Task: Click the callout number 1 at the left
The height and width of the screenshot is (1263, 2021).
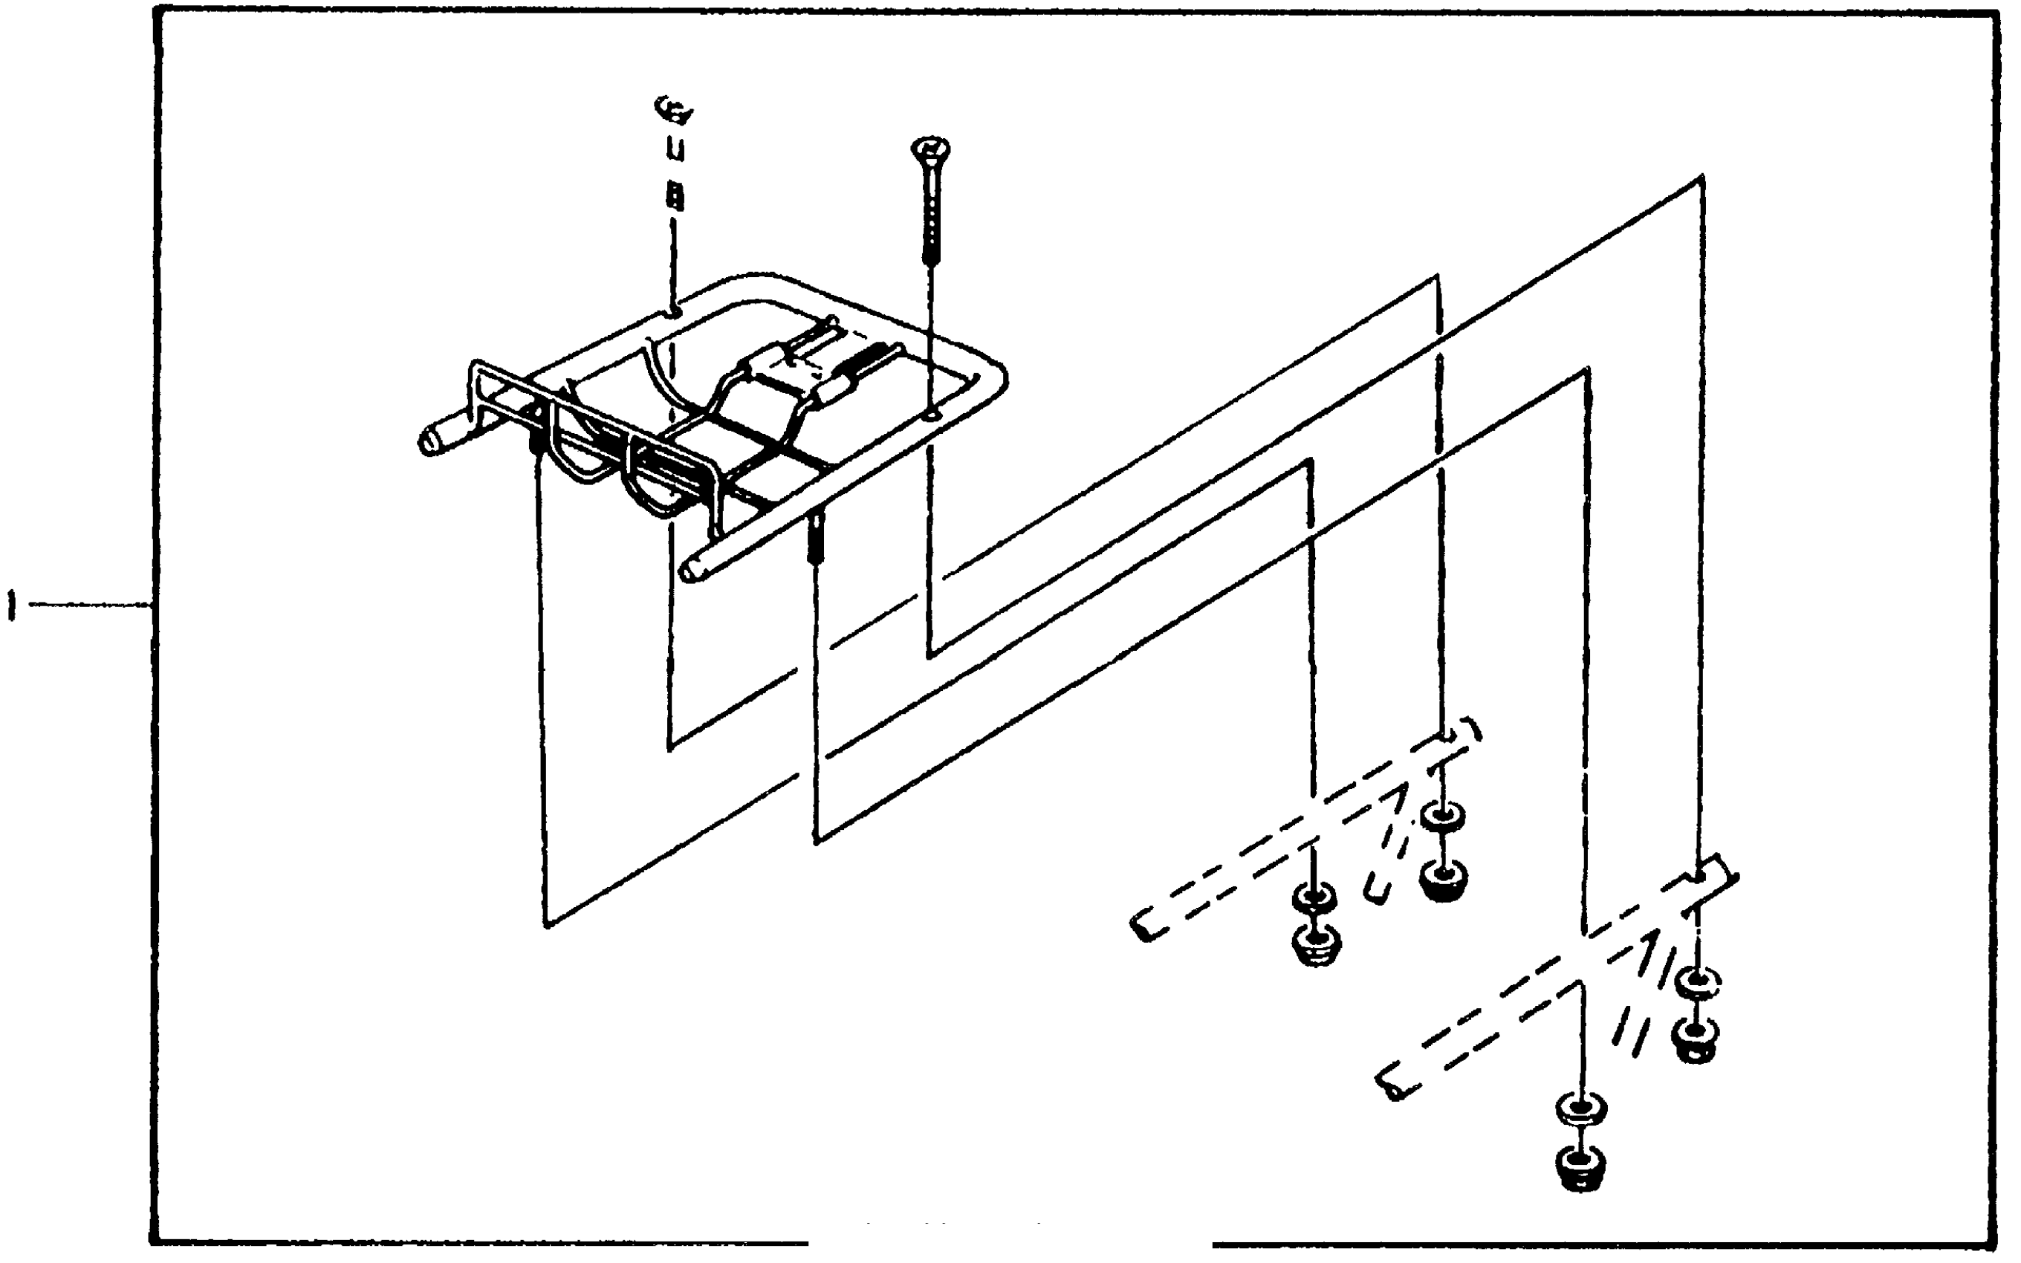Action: (x=11, y=605)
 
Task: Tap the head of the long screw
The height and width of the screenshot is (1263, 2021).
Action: (x=930, y=152)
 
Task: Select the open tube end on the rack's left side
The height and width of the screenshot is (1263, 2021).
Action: (x=429, y=442)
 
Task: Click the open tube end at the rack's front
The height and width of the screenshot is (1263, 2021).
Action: (x=692, y=571)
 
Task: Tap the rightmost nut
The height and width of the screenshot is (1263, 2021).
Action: (x=1696, y=1039)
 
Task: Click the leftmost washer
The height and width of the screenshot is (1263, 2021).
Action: (x=1314, y=899)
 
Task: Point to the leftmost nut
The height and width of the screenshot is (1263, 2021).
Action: (x=1316, y=945)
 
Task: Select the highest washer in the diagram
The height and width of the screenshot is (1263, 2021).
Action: (x=1442, y=815)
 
